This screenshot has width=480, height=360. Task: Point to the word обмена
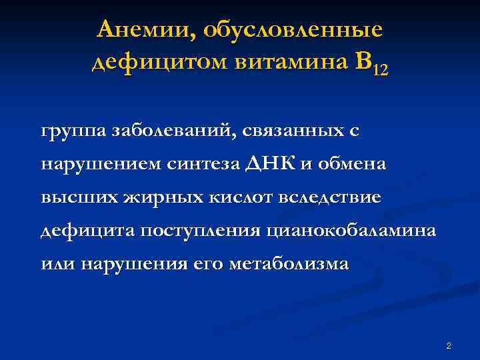(x=353, y=164)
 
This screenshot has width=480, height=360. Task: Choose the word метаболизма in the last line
(x=288, y=263)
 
